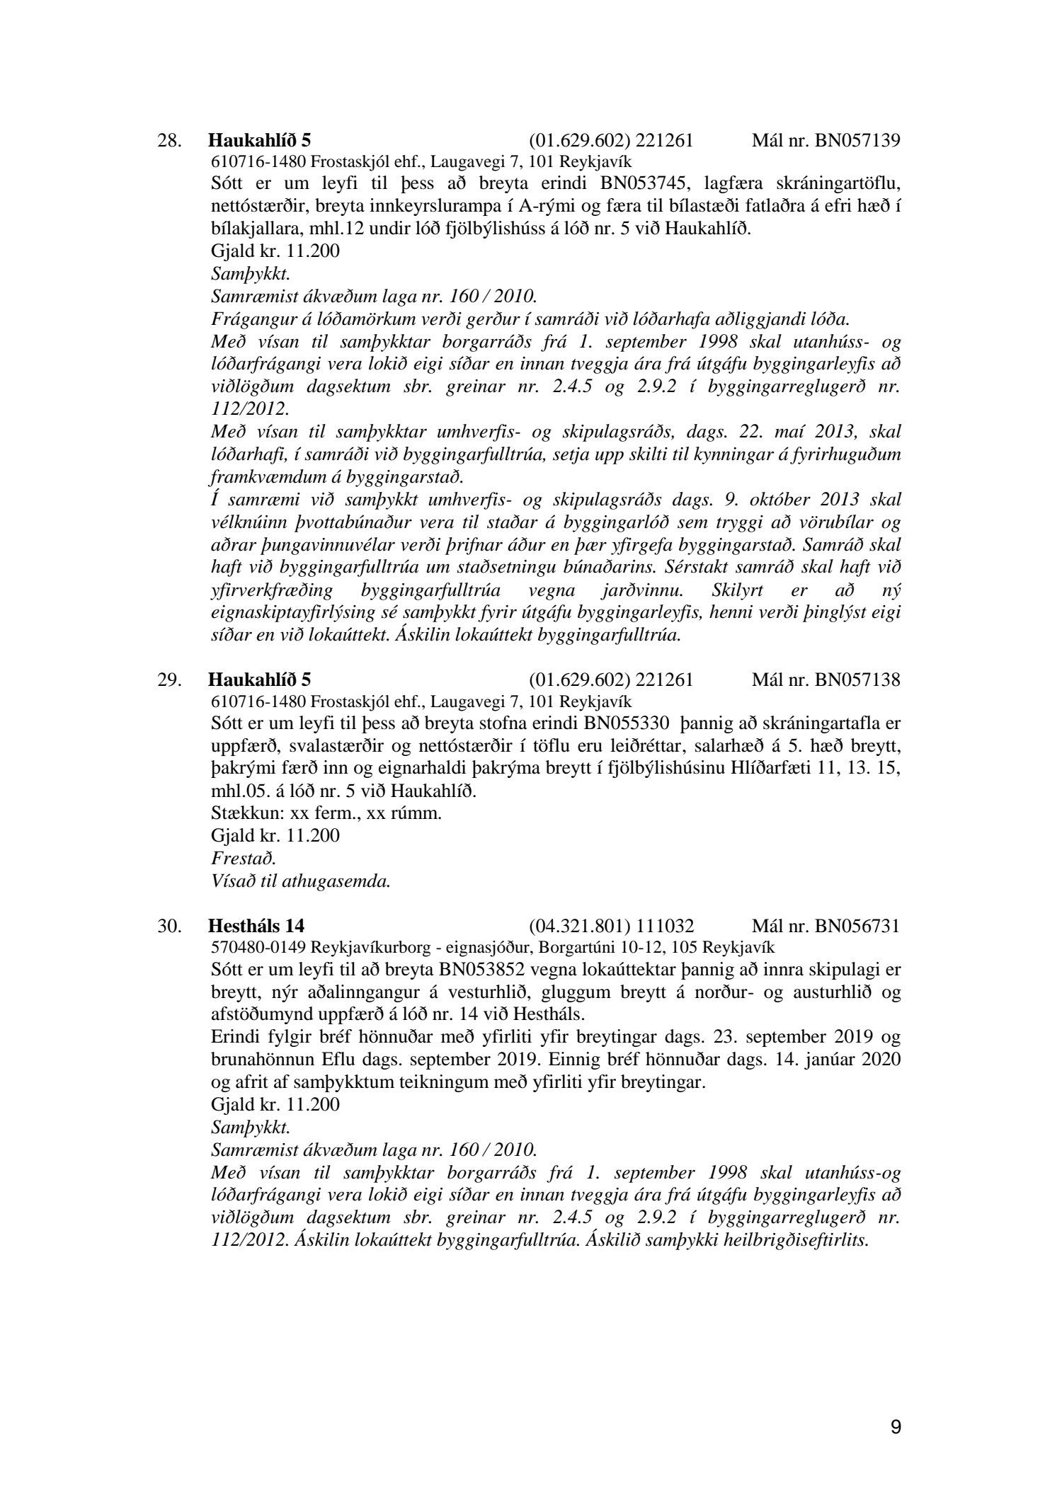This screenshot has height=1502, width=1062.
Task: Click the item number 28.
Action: [170, 140]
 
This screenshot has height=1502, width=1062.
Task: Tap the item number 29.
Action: [170, 680]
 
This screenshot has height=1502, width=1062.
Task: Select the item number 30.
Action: [170, 925]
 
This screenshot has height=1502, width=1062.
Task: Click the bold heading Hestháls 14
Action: [257, 925]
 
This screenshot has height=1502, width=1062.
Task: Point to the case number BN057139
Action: [857, 140]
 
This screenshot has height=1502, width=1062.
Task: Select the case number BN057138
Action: [857, 680]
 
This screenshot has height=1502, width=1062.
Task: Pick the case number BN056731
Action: [857, 925]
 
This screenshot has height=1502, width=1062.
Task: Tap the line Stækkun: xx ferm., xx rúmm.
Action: [326, 813]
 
